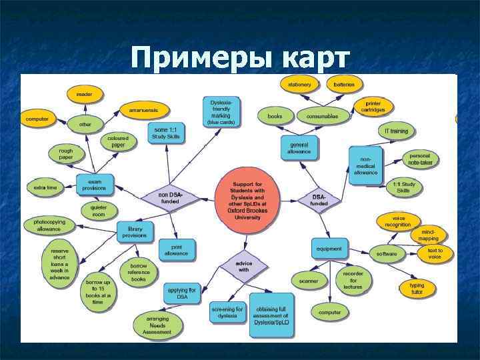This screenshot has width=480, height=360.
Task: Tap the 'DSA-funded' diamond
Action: coord(320,199)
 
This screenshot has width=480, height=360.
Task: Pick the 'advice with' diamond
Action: coord(244,267)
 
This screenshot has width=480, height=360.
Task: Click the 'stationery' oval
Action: coord(300,85)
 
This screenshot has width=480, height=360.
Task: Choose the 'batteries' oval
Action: coord(345,85)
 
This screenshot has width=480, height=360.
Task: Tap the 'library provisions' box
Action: coord(135,231)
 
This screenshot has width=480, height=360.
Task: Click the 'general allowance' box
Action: coord(299,147)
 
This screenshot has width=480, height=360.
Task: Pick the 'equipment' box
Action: coord(329,249)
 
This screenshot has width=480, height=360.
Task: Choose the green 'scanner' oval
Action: coord(309,281)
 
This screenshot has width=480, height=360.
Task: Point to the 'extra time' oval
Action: coord(46,187)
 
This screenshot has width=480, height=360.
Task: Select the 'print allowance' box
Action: coord(176,250)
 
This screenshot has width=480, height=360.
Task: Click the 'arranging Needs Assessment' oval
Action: coord(157,325)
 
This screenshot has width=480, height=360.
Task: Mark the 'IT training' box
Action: coord(396,131)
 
